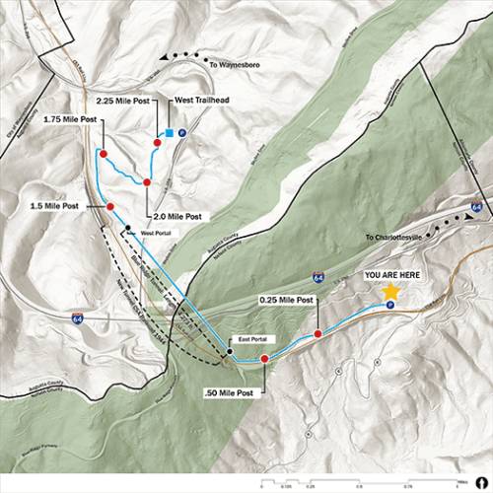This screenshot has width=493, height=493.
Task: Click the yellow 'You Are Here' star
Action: [x=390, y=292]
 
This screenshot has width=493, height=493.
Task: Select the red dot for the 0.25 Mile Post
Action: [x=317, y=334]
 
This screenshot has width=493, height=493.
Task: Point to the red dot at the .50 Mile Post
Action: [x=264, y=359]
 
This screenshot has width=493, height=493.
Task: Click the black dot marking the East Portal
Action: [x=229, y=351]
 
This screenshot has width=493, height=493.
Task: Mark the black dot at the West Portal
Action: [x=127, y=230]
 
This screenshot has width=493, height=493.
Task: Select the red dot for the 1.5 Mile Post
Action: [x=109, y=206]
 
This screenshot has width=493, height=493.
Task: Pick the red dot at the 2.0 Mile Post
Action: [x=146, y=182]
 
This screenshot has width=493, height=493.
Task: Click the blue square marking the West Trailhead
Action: [x=170, y=133]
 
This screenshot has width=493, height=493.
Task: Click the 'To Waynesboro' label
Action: [x=234, y=64]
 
